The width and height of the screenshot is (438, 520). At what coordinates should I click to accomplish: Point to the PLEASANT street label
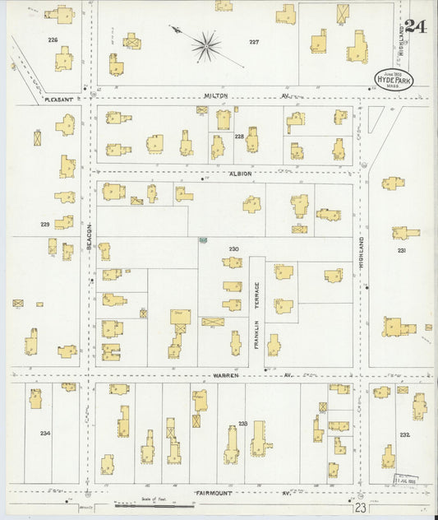pyautogui.click(x=58, y=99)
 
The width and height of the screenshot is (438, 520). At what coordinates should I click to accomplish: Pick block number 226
pyautogui.click(x=53, y=39)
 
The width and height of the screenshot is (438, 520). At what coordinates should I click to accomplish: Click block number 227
pyautogui.click(x=254, y=41)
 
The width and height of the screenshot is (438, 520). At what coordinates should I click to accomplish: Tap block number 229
pyautogui.click(x=45, y=224)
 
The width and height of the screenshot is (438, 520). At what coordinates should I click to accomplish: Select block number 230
pyautogui.click(x=234, y=248)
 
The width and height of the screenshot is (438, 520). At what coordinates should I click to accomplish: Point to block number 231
pyautogui.click(x=402, y=250)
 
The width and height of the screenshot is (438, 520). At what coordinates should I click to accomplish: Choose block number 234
pyautogui.click(x=44, y=433)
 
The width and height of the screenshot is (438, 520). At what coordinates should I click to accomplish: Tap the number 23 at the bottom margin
pyautogui.click(x=361, y=508)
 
